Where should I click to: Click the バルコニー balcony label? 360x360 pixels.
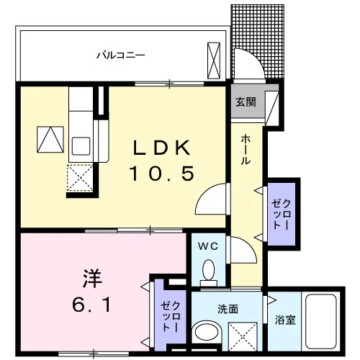(x=121, y=55)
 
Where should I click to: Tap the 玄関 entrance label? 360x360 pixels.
(x=246, y=102)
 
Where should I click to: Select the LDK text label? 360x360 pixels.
(x=162, y=148)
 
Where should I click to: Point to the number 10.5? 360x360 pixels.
(x=162, y=174)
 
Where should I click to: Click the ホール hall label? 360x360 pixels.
(x=246, y=149)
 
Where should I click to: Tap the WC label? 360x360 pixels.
(x=208, y=246)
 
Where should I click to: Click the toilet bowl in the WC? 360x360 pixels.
(x=208, y=272)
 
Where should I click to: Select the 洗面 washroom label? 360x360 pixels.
(x=228, y=309)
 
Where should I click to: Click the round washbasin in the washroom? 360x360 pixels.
(x=207, y=333)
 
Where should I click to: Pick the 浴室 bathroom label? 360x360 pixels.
(x=285, y=320)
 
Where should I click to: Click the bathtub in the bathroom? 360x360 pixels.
(x=321, y=322)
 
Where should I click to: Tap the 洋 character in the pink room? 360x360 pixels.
(x=92, y=279)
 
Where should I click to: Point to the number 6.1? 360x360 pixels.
(x=91, y=305)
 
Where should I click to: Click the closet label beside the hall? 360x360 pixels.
(x=282, y=215)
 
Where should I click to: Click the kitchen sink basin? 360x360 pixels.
(x=81, y=146)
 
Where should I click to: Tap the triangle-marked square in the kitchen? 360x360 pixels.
(x=50, y=140)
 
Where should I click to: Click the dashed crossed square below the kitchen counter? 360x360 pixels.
(x=80, y=178)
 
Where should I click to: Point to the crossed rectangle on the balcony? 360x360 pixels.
(x=214, y=60)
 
